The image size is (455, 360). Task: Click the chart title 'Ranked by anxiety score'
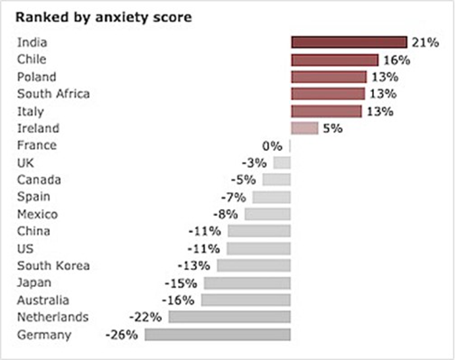pos(105,18)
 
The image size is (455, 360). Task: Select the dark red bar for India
pos(349,43)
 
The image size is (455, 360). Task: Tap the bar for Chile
pos(335,60)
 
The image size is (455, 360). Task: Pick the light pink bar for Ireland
pos(304,128)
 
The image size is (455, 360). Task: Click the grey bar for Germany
pos(217,334)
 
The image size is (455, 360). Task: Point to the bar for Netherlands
pos(229,317)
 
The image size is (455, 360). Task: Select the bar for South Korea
pos(254,266)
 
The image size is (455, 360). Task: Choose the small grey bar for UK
pos(282,163)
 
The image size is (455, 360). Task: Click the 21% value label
pos(425,43)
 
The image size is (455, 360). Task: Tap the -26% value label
pos(122,334)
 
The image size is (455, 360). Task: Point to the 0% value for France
pos(272,145)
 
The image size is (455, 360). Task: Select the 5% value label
pos(333,128)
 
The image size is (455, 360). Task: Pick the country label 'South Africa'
pos(53,94)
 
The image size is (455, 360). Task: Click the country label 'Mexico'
pos(38,215)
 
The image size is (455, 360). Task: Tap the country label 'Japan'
pos(34,283)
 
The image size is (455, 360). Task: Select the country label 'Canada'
pos(38,180)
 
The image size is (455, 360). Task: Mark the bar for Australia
pos(246,300)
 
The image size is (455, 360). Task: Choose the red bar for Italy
pos(326,111)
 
